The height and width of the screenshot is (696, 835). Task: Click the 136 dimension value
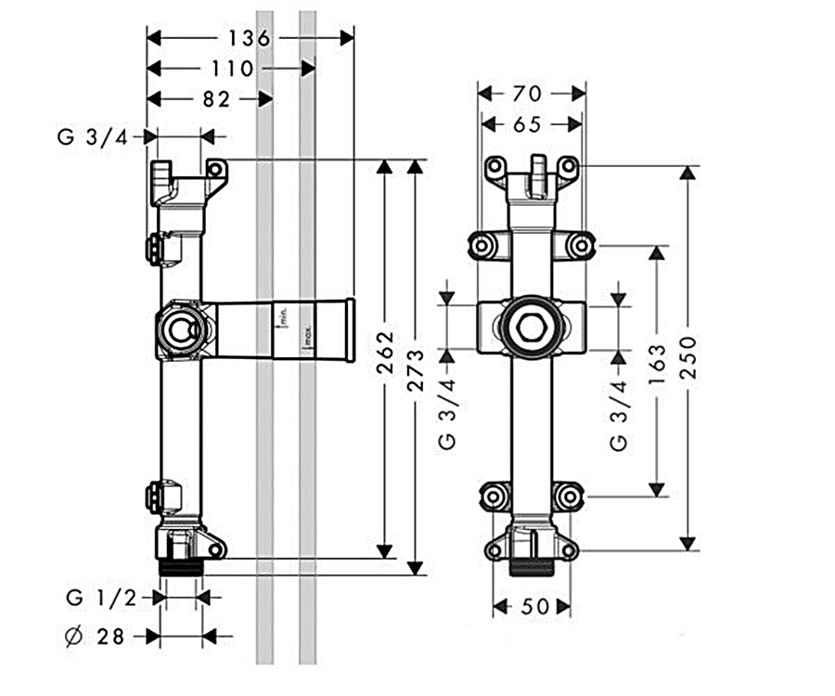click(x=250, y=38)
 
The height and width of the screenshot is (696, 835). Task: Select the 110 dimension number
click(x=232, y=69)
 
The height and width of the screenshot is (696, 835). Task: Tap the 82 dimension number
click(x=215, y=99)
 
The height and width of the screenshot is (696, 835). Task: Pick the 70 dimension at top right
click(x=531, y=93)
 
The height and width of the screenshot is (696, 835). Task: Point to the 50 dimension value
click(x=532, y=606)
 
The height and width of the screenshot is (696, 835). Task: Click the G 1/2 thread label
click(x=102, y=598)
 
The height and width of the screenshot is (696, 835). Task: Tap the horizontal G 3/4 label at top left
click(x=94, y=136)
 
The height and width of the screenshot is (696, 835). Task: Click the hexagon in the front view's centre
click(x=531, y=328)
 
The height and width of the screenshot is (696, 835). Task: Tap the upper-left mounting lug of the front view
click(x=482, y=246)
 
